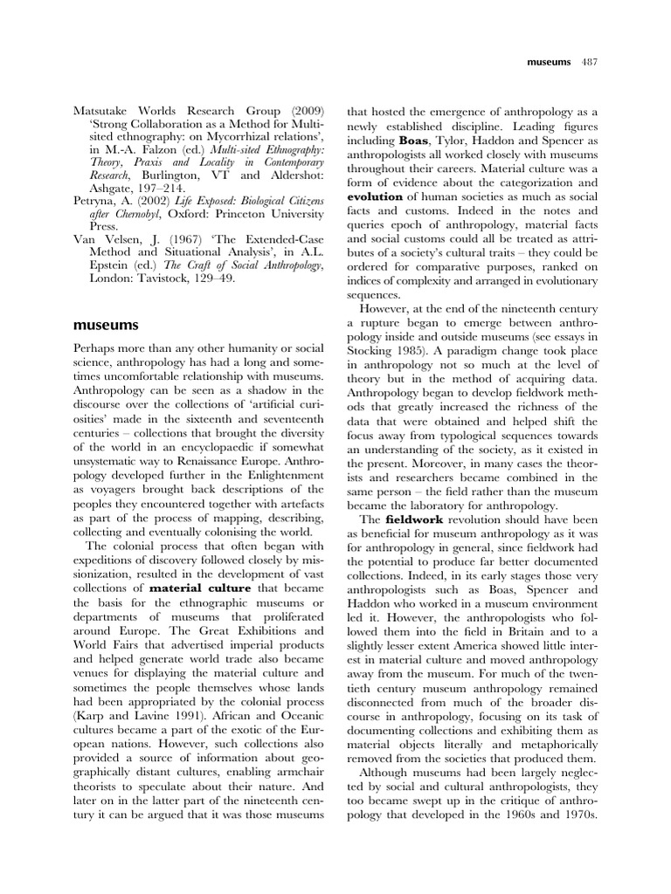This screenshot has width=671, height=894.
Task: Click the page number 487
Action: [589, 63]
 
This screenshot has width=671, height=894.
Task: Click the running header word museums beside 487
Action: [549, 63]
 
